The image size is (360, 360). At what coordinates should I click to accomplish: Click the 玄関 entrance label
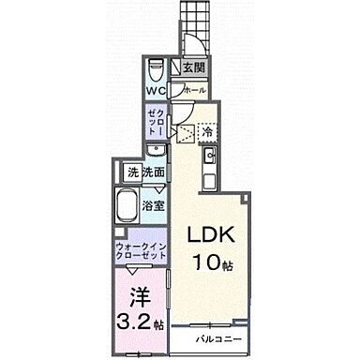point(193,67)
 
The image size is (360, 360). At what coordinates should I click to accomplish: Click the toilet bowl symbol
point(157,68)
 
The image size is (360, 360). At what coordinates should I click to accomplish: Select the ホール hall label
point(194,89)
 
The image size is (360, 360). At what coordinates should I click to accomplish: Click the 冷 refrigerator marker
point(206,132)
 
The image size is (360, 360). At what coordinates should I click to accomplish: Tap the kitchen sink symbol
point(210,155)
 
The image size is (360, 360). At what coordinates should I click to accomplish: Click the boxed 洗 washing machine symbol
point(133,172)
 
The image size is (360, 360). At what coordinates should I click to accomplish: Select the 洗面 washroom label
point(156,172)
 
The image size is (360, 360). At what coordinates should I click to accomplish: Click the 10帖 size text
point(216,262)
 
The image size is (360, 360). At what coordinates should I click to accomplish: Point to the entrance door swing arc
point(189,42)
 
